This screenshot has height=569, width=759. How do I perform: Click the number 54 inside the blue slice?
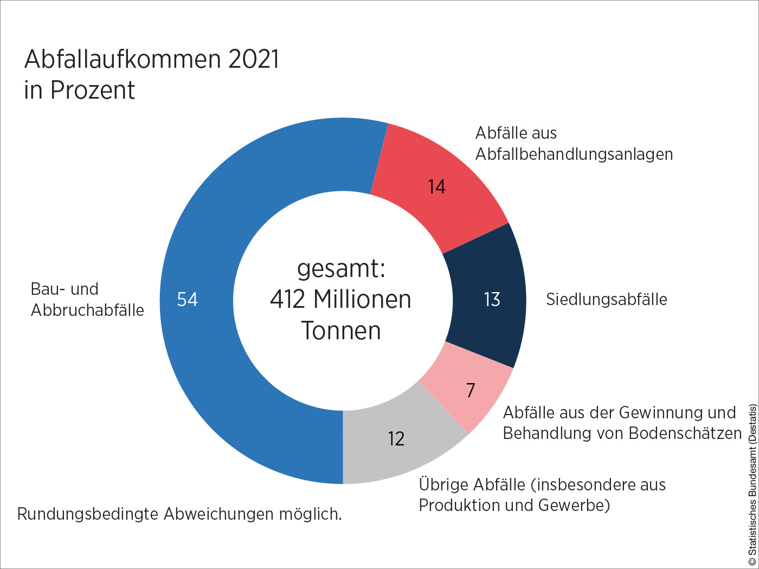(188, 300)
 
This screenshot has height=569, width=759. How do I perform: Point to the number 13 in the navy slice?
(492, 300)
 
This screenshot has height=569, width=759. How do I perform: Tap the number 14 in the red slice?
(436, 187)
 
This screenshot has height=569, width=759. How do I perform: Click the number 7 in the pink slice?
(471, 390)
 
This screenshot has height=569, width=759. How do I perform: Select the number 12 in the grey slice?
(396, 439)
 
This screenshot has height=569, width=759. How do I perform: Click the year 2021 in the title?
(253, 60)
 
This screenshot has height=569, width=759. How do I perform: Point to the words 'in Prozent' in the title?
(79, 90)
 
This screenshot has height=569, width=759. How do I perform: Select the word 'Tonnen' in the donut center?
(341, 331)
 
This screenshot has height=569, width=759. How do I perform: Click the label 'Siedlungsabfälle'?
(606, 300)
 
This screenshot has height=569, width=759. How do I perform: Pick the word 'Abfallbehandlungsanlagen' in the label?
(574, 154)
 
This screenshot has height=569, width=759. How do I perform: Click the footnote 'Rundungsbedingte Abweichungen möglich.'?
(179, 514)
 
